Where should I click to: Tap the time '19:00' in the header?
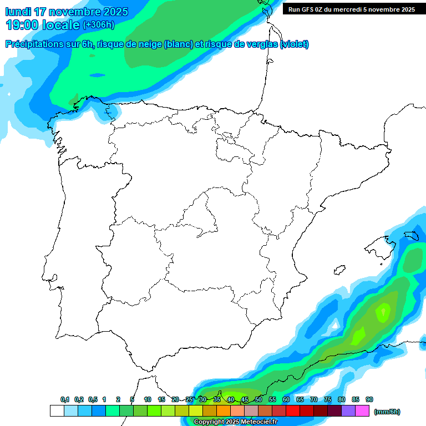[x=22, y=25]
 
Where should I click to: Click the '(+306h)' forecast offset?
[x=99, y=25]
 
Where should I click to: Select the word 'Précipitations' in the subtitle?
[x=42, y=44]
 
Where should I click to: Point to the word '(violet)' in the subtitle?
[x=295, y=44]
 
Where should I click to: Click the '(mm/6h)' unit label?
[x=387, y=412]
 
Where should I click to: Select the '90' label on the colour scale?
[x=369, y=399]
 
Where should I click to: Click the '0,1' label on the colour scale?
[x=65, y=399]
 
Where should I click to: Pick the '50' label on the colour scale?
[x=258, y=399]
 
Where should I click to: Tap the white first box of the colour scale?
[x=57, y=411]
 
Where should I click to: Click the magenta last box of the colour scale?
[x=362, y=411]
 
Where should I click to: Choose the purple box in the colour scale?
[x=348, y=411]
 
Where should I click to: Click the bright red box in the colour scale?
[x=293, y=411]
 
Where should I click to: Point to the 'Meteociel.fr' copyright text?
[x=253, y=422]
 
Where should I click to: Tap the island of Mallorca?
[x=379, y=245]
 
